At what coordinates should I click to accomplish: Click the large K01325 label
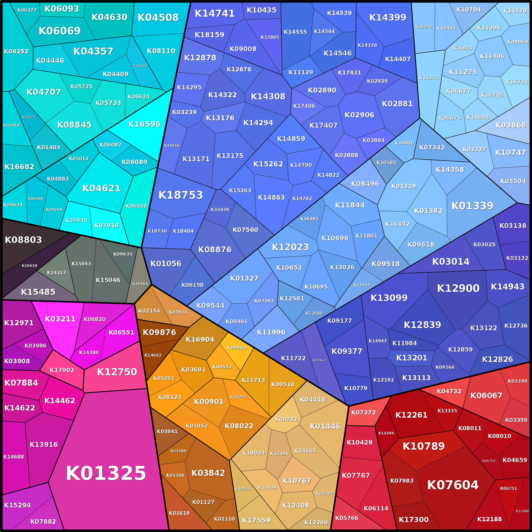tap(106, 473)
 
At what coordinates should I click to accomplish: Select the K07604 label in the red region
tap(453, 485)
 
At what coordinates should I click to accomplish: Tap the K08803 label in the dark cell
tap(24, 240)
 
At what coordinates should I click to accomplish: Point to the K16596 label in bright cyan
tap(144, 124)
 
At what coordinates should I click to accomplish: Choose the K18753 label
tap(181, 195)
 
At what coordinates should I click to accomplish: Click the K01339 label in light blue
tap(472, 206)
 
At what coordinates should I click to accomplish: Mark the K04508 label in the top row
tap(158, 18)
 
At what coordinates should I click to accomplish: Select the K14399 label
tap(388, 18)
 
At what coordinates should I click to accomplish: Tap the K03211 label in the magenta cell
tap(60, 319)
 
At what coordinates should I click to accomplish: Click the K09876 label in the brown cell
tap(159, 332)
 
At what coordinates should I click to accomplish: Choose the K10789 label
tap(424, 446)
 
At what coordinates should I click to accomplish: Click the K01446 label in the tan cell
tap(325, 426)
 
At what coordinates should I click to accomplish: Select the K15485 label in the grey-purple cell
tap(38, 292)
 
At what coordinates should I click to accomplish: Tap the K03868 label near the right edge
tap(511, 125)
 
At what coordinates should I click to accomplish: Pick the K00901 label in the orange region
tap(209, 402)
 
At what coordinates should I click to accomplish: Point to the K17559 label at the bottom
tap(256, 520)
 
